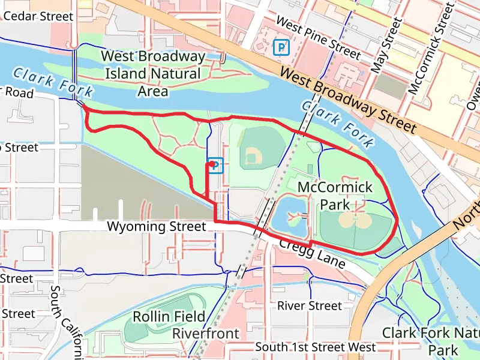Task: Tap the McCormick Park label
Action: (335, 196)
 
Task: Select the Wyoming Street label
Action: (156, 227)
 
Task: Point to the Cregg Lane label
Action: (312, 252)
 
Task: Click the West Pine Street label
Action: (318, 38)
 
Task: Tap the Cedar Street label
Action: (38, 16)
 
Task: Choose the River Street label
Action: (309, 306)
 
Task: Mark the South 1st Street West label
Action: (316, 347)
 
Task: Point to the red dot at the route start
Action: (211, 163)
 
